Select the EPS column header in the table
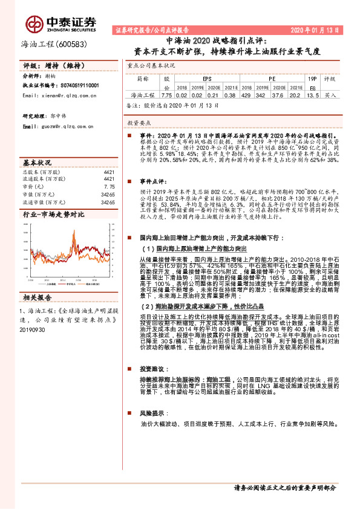click(x=207, y=79)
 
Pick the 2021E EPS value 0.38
click(x=229, y=96)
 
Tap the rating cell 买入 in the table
click(x=330, y=96)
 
